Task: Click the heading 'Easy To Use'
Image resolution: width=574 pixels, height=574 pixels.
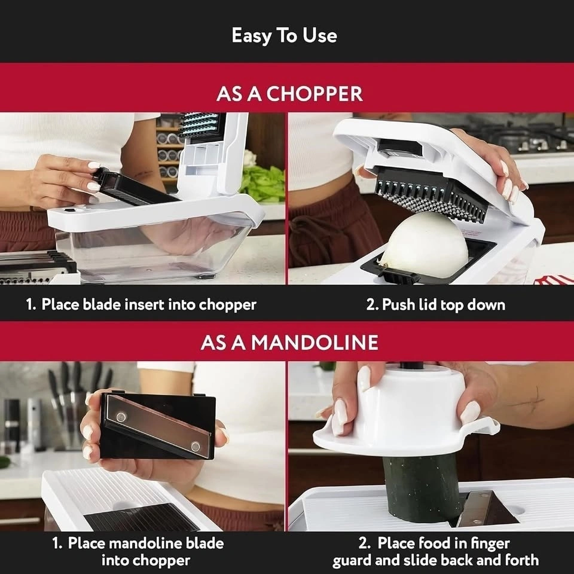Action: (284, 35)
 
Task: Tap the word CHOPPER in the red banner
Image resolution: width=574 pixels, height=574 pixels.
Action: (315, 94)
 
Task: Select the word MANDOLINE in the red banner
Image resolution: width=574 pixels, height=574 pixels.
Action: (315, 342)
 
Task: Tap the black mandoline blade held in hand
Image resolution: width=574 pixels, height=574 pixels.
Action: (157, 426)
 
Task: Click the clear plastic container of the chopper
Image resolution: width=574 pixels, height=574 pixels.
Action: (154, 252)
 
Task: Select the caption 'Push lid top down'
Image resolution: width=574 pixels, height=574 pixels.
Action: (443, 304)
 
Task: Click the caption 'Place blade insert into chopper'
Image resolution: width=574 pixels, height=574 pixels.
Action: (149, 304)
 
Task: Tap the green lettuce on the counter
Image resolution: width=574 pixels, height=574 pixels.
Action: (262, 183)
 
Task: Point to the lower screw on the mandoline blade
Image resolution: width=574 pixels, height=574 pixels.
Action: (196, 447)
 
